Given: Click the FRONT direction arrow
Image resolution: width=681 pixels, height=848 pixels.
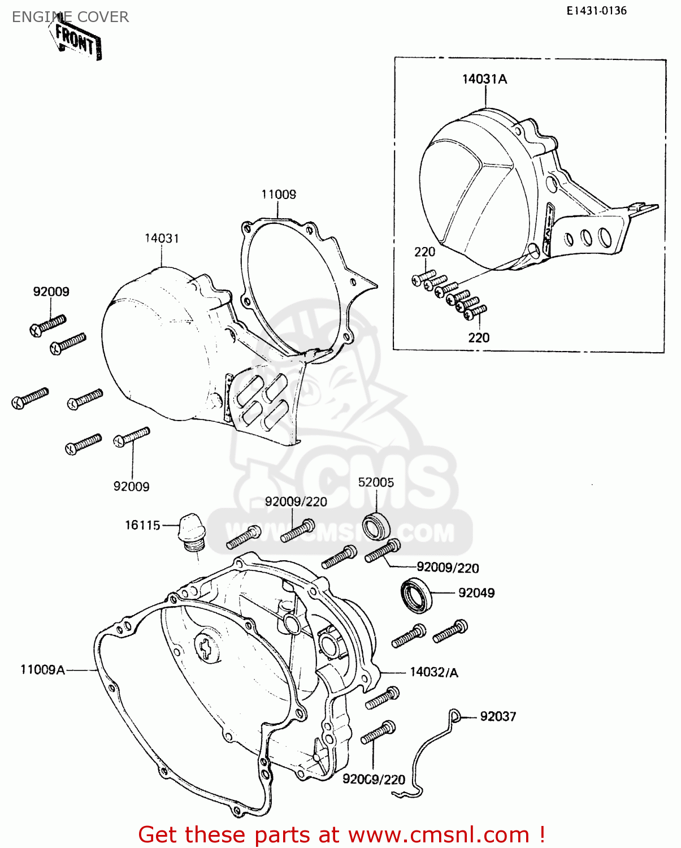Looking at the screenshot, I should [x=77, y=40].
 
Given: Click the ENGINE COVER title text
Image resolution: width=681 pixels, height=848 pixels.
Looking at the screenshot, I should [x=70, y=17].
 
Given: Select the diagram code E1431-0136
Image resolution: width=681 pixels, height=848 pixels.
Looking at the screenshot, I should [x=597, y=11].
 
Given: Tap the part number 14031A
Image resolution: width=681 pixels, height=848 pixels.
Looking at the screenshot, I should [x=484, y=79].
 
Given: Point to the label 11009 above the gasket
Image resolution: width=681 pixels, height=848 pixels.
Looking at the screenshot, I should [x=279, y=194].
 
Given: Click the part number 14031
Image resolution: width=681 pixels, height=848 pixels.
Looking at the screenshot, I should [x=162, y=238].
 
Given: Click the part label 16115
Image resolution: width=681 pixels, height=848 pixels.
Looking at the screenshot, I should [x=142, y=525].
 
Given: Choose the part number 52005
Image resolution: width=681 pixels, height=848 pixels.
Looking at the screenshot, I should [x=376, y=482].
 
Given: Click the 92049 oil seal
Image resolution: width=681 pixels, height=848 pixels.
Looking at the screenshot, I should [x=417, y=595].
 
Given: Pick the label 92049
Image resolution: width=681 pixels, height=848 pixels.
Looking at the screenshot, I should [x=476, y=592].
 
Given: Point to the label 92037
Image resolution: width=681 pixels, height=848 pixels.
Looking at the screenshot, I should [x=498, y=716].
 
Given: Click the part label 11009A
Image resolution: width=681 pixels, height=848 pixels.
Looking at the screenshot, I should [x=43, y=670].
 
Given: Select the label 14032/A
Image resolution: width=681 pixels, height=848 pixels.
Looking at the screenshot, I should [x=433, y=672].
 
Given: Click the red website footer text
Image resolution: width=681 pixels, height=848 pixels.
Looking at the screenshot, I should [x=341, y=834].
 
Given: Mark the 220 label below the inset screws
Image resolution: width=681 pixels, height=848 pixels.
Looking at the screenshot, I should [x=479, y=338].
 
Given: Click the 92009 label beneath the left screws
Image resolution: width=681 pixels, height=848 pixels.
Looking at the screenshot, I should [x=131, y=486].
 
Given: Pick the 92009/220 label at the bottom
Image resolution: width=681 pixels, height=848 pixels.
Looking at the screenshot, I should [x=374, y=780].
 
